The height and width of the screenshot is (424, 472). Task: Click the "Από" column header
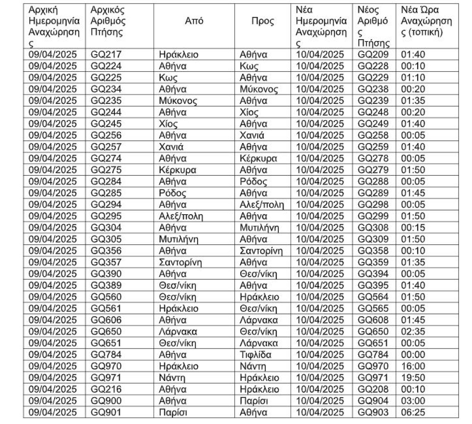[194, 21]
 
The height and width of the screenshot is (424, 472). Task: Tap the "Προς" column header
[263, 21]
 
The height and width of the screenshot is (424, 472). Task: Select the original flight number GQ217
[106, 55]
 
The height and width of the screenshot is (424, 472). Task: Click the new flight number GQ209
[373, 55]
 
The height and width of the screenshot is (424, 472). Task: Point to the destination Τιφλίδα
[255, 355]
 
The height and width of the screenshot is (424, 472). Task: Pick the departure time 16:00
[413, 366]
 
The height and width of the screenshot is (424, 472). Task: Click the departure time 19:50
[413, 377]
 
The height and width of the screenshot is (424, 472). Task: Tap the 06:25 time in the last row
[413, 412]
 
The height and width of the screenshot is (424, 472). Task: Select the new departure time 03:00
[413, 401]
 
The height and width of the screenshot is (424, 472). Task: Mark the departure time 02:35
[413, 331]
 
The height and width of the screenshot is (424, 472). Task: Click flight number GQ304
[106, 227]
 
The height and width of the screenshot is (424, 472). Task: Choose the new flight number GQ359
[373, 262]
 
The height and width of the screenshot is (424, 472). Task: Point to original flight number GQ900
[106, 401]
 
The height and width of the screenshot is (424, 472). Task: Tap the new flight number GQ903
[373, 412]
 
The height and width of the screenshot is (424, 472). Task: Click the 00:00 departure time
[413, 355]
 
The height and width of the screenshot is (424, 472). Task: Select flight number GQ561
[106, 308]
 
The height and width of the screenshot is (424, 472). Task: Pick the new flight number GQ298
[373, 205]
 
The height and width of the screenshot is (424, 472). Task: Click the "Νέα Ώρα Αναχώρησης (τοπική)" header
[426, 21]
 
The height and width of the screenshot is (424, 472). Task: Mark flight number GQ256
[106, 135]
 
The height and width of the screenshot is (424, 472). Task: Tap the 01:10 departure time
[413, 77]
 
